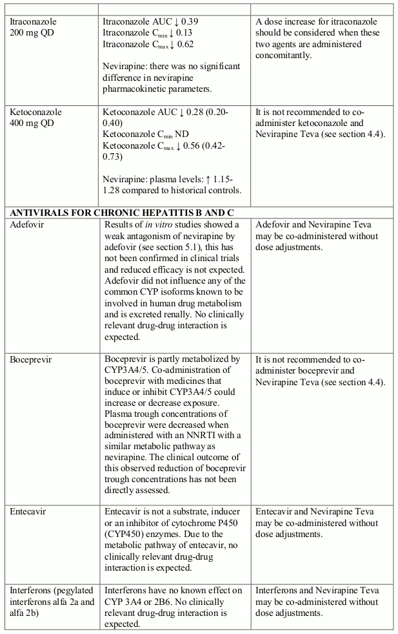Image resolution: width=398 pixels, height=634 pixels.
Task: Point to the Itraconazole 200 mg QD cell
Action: click(x=34, y=27)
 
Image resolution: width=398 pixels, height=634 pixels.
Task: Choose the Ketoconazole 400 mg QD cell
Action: click(x=36, y=117)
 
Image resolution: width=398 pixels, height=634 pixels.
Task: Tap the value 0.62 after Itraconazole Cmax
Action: click(x=184, y=45)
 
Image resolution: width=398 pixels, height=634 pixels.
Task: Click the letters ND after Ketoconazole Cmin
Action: click(x=172, y=134)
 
